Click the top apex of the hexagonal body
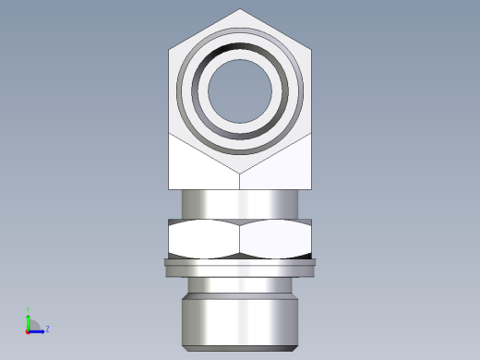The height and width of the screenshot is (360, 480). point(240,10)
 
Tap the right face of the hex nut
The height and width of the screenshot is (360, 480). point(275,238)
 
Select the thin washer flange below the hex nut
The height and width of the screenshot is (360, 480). point(240,267)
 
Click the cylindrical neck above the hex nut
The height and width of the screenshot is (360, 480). point(240,204)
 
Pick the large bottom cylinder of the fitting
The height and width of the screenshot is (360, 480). point(240,318)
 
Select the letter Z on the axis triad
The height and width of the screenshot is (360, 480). point(47,329)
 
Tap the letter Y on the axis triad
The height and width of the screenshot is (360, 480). point(29,310)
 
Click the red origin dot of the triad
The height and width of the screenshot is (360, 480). point(29,330)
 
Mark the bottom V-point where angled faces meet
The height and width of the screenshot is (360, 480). point(240,174)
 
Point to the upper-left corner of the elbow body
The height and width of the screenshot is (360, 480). point(170,49)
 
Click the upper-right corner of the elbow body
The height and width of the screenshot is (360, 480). point(311,49)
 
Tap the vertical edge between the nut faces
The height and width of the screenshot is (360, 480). point(240,238)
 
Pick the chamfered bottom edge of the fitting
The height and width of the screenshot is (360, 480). point(240,348)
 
